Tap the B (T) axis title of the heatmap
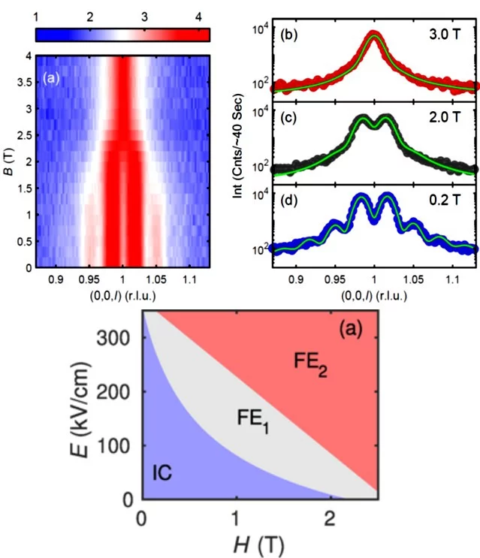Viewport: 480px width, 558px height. (x=11, y=161)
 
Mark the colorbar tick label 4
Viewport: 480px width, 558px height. (x=197, y=16)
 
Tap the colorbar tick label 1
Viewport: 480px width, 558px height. (x=36, y=16)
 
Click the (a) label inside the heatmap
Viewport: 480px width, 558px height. (x=50, y=75)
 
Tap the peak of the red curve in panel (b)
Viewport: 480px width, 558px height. (x=374, y=34)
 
